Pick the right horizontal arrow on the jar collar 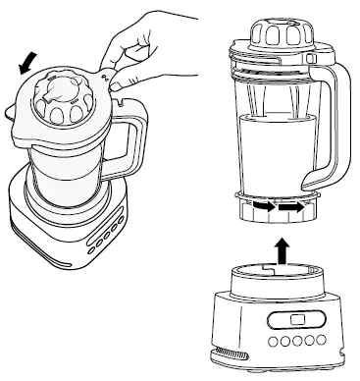tap(288, 208)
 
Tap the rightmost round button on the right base tap(321, 341)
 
